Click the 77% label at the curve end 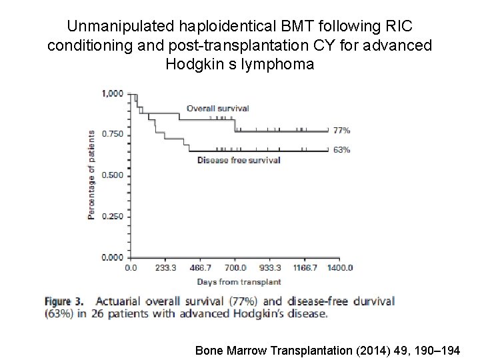coord(341,131)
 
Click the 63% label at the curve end coord(341,150)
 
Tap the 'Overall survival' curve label coord(218,109)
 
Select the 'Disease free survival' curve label coord(239,160)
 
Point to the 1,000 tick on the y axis coord(112,93)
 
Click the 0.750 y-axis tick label coord(112,134)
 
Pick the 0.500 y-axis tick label coord(112,175)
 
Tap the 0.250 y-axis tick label coord(112,216)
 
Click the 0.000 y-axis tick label coord(112,257)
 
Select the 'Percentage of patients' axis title coord(93,175)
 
